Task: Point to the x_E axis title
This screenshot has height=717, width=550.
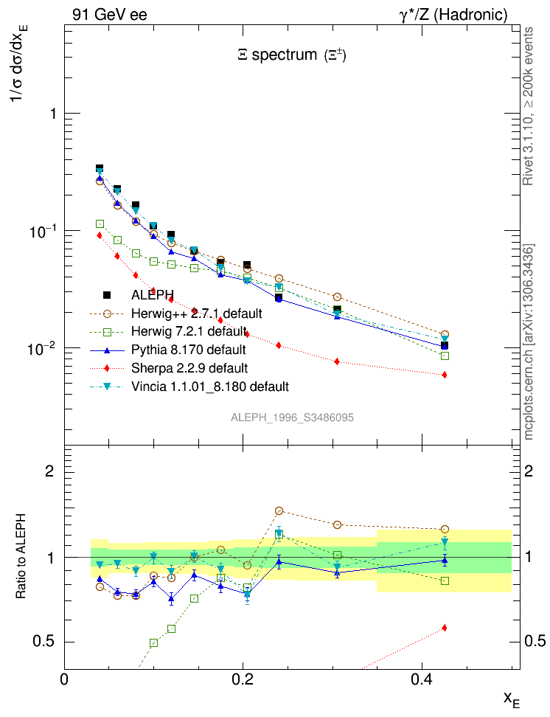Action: (511, 698)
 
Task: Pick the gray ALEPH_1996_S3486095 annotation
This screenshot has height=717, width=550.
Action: (292, 418)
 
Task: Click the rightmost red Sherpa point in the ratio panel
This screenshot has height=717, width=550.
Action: (444, 628)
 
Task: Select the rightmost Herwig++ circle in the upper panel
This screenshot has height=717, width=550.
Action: (445, 334)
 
